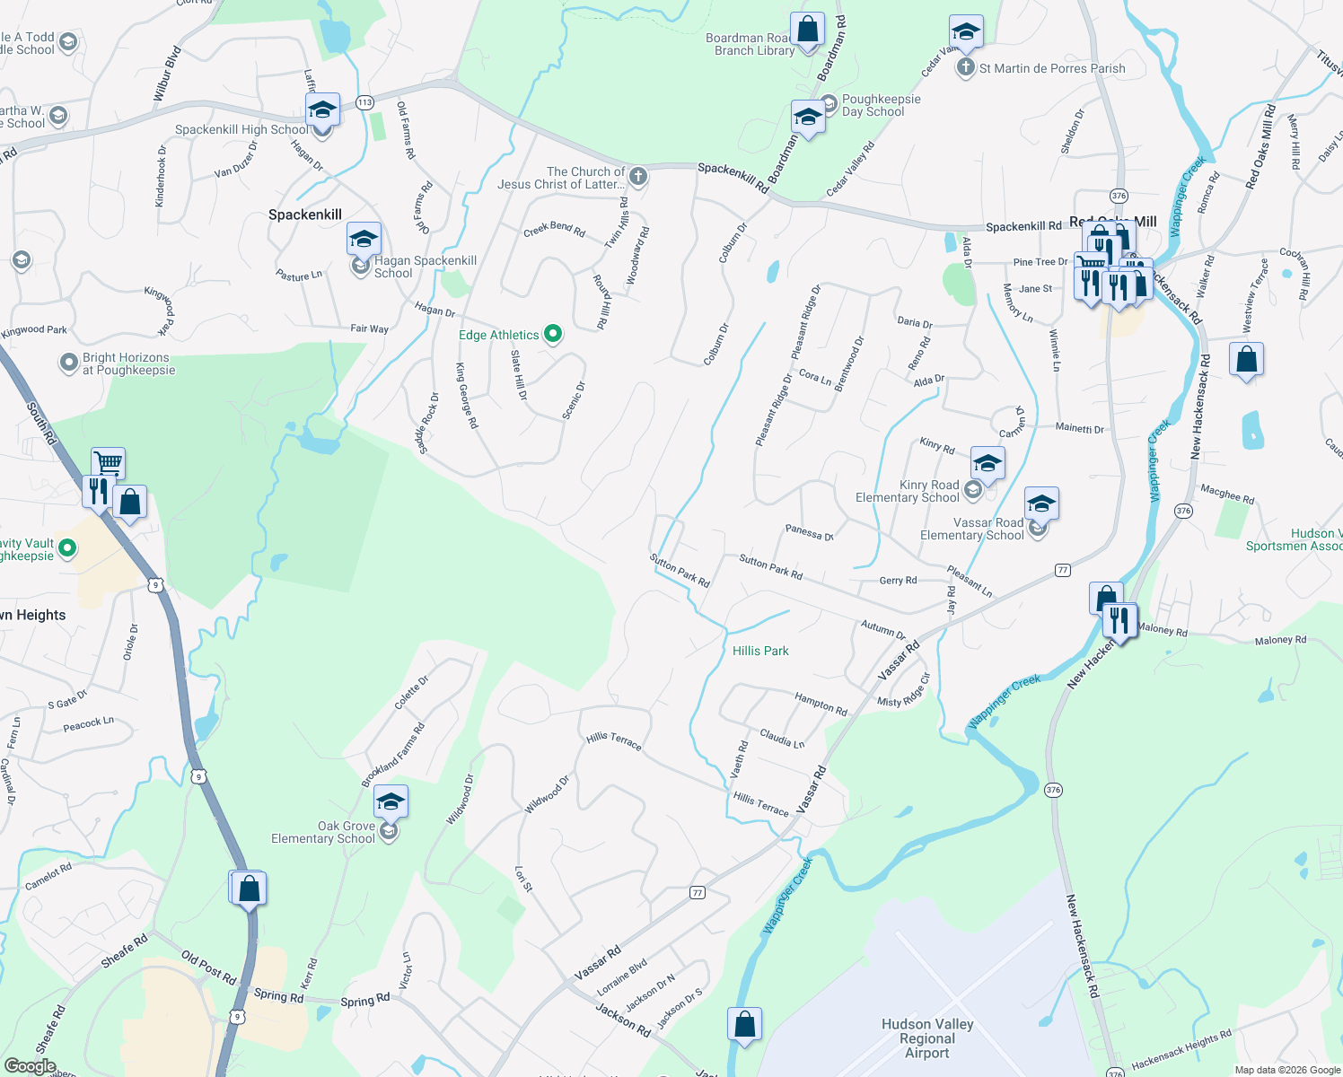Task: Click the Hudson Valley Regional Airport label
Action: (x=927, y=1038)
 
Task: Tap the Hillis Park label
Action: (x=760, y=651)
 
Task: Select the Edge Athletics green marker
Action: (x=553, y=335)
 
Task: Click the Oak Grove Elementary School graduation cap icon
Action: (x=391, y=801)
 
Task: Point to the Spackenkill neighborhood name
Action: (x=305, y=215)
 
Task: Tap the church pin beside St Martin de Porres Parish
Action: (x=965, y=68)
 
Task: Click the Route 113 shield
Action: (x=364, y=102)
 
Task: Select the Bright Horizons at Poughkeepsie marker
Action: (x=69, y=363)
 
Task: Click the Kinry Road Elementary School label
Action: (x=907, y=491)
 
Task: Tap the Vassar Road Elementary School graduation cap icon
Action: (x=1041, y=503)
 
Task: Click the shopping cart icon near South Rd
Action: (x=108, y=463)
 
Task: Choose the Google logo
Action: (x=30, y=1066)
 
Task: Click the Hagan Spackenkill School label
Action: (x=425, y=267)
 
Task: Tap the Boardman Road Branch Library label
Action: (x=750, y=44)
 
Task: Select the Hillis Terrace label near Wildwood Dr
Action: (x=614, y=740)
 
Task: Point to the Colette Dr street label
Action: (x=411, y=693)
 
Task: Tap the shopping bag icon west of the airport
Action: (x=744, y=1023)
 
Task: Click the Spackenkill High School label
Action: (x=241, y=129)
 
